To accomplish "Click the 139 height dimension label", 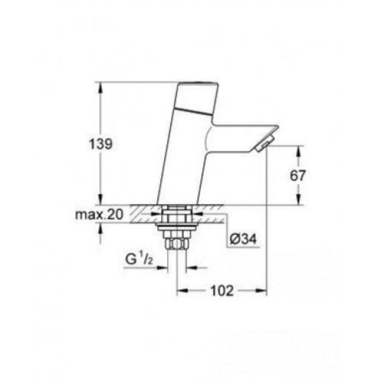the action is coord(101,145).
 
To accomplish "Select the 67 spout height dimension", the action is coord(298,175).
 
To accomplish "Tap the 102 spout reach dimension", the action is coord(222,291).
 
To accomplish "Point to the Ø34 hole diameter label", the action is coord(243,240).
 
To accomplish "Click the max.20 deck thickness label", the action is coord(99,215).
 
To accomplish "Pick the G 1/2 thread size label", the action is coord(139,259).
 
